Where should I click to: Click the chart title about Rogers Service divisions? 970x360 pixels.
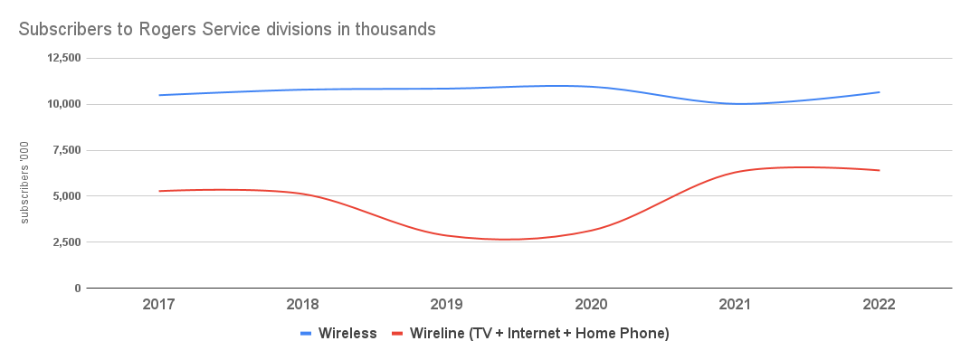click(x=227, y=29)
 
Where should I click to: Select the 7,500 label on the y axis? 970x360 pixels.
click(x=65, y=150)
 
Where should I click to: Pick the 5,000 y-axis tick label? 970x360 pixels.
click(x=65, y=196)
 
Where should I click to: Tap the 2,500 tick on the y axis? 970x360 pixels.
click(x=65, y=242)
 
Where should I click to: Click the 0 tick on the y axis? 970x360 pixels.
click(x=78, y=289)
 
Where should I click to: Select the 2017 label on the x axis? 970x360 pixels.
click(x=158, y=305)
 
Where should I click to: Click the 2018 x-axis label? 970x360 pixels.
click(x=303, y=305)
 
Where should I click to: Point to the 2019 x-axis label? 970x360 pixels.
click(x=447, y=305)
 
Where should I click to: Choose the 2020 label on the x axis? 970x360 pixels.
click(x=591, y=305)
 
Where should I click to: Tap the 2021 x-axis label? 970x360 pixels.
click(x=735, y=305)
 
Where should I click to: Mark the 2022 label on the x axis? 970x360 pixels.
click(x=879, y=305)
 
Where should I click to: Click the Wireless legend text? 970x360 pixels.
click(x=347, y=334)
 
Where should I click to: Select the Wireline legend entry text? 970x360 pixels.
click(x=539, y=334)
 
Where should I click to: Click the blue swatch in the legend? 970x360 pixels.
click(x=307, y=334)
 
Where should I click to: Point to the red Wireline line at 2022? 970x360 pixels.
click(x=879, y=170)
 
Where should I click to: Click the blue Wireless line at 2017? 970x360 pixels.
click(x=159, y=95)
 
